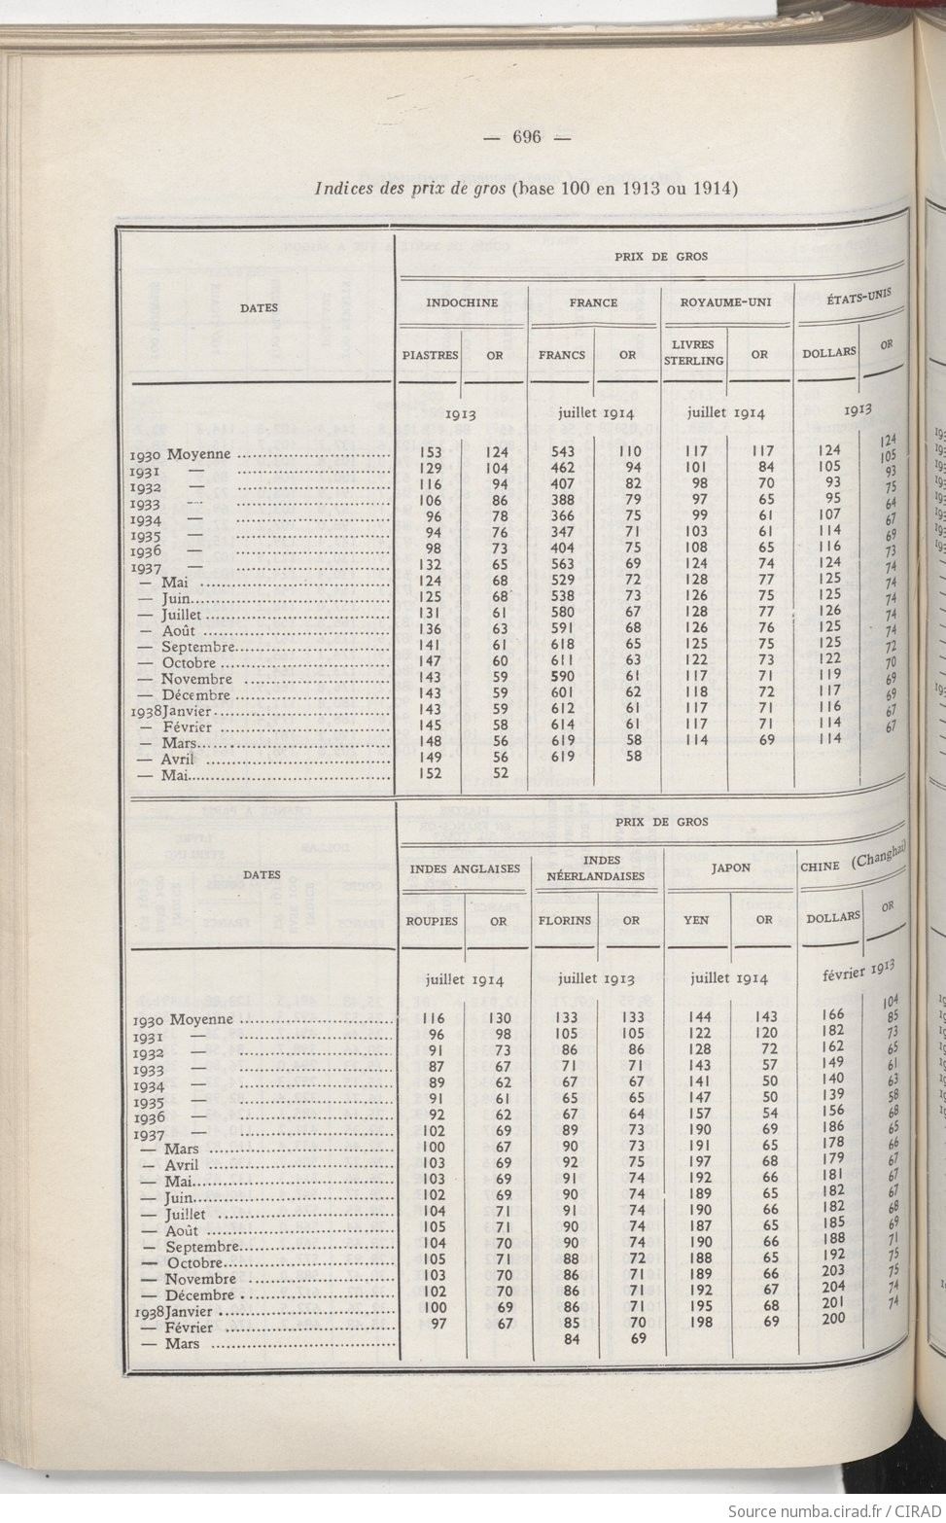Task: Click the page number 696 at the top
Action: pos(526,137)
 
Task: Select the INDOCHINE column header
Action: pos(462,302)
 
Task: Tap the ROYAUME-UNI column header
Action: pos(725,302)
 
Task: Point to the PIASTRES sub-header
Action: pos(430,356)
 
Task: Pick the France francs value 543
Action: pos(563,451)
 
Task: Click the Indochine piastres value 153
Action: pos(430,451)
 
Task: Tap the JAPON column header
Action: pos(730,868)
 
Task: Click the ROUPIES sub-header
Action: pos(431,920)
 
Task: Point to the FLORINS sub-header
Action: pos(565,920)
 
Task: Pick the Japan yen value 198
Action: pos(701,1322)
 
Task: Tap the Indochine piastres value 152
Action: pos(430,774)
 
